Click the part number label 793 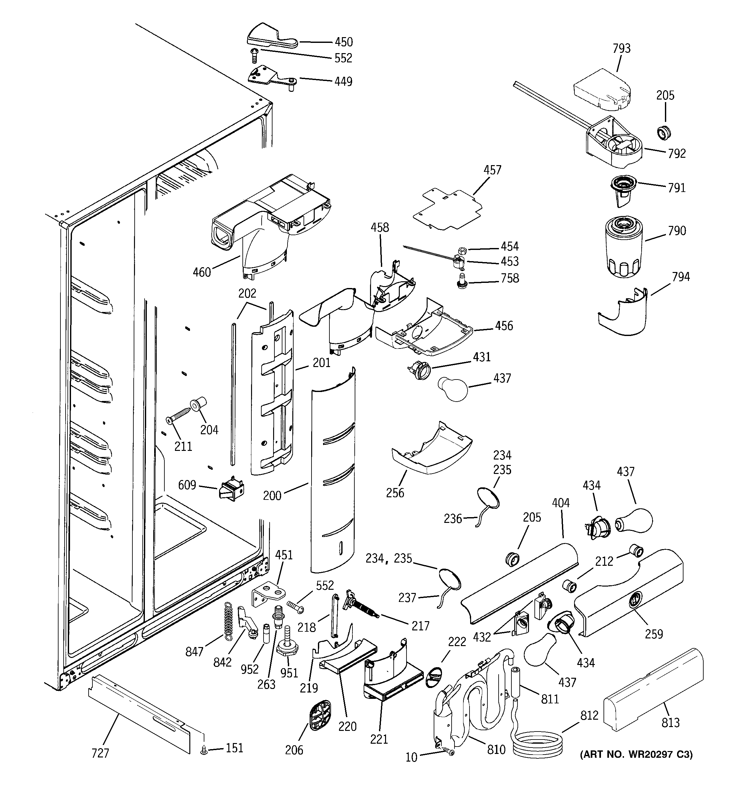(x=621, y=49)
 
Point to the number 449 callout (x=343, y=82)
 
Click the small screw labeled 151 (x=204, y=751)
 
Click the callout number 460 (x=201, y=273)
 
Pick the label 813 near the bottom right (x=670, y=722)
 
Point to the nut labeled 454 (x=462, y=251)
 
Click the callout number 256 (x=395, y=493)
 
